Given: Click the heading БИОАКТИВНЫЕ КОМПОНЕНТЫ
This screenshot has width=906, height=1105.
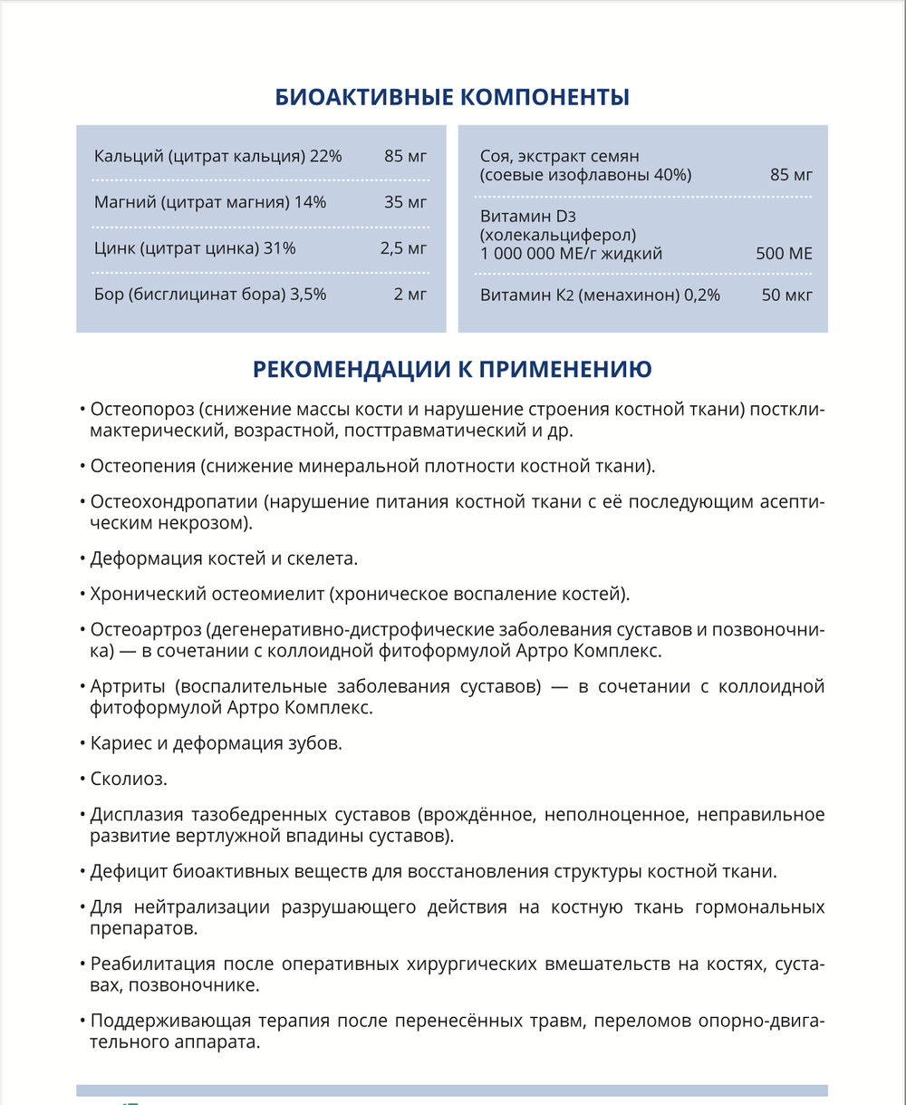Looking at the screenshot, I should pyautogui.click(x=452, y=97).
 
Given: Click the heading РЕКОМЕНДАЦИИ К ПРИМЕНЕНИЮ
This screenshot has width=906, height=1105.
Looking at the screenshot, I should pyautogui.click(x=452, y=369).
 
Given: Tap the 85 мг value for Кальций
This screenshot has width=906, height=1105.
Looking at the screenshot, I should pyautogui.click(x=405, y=156).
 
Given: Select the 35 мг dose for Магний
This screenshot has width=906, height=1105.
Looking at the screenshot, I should pyautogui.click(x=405, y=201).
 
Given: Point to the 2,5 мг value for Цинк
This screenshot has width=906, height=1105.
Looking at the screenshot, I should pyautogui.click(x=403, y=247).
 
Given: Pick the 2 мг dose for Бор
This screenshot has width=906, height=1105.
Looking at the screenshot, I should pyautogui.click(x=410, y=294).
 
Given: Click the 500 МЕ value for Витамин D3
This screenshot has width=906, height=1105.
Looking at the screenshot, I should pyautogui.click(x=785, y=254).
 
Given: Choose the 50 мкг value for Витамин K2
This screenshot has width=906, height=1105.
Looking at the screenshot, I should pyautogui.click(x=787, y=295).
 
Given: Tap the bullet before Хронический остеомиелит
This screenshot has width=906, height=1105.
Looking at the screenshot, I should pyautogui.click(x=82, y=595).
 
